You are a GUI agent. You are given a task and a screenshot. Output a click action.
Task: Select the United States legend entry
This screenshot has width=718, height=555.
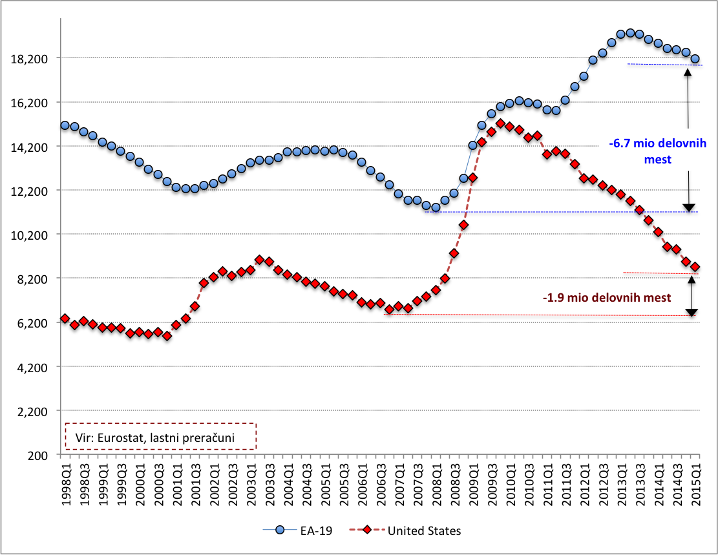[423, 530]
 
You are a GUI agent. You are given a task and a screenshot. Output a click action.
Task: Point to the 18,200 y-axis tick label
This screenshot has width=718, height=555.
[30, 58]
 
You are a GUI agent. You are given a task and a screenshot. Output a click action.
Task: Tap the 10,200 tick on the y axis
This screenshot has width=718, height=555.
[30, 235]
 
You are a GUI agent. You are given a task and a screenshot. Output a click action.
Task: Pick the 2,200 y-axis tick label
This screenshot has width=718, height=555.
[33, 411]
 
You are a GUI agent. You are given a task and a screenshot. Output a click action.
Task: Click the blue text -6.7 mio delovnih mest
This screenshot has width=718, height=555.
[657, 151]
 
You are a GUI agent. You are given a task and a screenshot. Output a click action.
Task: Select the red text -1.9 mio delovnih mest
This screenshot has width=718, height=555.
[607, 298]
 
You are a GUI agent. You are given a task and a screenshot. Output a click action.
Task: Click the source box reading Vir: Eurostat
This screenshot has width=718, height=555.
[160, 436]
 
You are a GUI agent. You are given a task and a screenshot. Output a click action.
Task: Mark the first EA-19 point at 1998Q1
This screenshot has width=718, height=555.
[65, 125]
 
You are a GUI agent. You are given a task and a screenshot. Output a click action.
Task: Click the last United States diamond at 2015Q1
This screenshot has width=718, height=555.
[695, 267]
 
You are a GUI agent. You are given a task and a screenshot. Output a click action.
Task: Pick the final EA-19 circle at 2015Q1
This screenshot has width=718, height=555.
[695, 59]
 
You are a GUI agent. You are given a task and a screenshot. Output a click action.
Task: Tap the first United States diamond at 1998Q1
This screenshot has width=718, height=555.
[65, 319]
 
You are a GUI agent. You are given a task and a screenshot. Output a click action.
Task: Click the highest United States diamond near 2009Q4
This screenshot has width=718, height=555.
[500, 123]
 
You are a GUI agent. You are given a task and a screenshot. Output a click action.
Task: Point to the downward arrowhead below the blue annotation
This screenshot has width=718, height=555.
[689, 207]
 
